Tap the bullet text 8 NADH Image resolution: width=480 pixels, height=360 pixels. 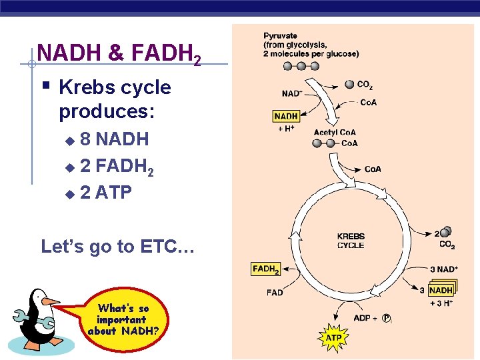coord(114,139)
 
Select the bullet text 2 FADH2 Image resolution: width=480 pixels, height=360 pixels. coord(117,167)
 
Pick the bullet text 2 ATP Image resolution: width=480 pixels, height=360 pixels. coord(105,193)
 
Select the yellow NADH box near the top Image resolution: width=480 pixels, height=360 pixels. coord(286,116)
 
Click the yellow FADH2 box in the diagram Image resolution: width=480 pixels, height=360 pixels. coord(266,269)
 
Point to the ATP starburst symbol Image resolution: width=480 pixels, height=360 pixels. coord(333,338)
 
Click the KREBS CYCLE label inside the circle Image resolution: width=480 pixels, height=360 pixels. coord(351,241)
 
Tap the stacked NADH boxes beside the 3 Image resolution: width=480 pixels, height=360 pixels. coord(441,290)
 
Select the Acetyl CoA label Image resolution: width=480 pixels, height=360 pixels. coord(334,132)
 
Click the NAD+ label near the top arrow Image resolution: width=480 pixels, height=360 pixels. coord(292,94)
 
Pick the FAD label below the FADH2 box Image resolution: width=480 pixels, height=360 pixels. coord(275,292)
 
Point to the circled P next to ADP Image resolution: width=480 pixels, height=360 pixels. coord(387,318)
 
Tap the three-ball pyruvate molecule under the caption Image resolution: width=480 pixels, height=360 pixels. coord(301,66)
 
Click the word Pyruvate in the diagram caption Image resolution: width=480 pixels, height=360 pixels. coord(280,36)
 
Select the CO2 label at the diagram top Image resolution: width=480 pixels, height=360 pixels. coord(365,85)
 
